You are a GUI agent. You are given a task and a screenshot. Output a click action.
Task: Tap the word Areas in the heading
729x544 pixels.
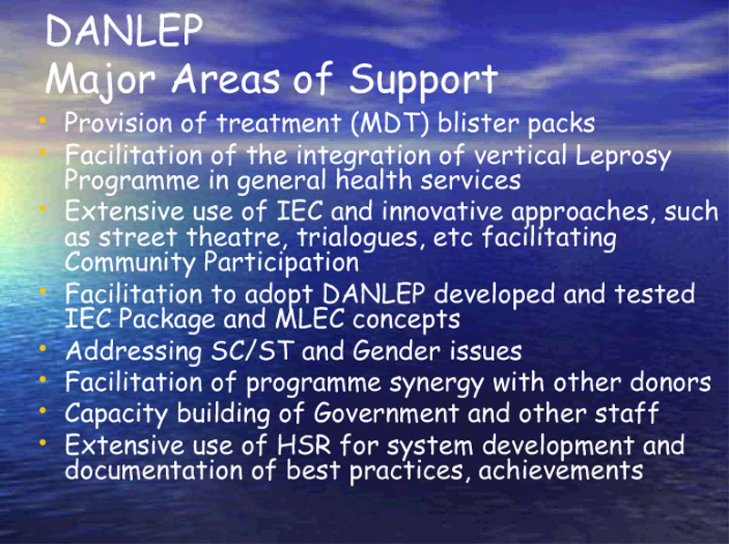tap(226, 79)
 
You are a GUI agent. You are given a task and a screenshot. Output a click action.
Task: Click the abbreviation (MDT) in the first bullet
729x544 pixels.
tap(390, 123)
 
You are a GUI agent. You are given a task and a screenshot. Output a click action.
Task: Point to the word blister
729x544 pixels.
tap(478, 123)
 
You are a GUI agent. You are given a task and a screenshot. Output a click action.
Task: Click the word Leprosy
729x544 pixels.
tap(622, 156)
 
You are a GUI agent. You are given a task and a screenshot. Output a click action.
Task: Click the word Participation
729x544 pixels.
tap(281, 263)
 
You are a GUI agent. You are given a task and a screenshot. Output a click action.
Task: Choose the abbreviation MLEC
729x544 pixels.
tap(310, 319)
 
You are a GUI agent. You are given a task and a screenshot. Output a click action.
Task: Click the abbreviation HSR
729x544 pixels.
tap(303, 445)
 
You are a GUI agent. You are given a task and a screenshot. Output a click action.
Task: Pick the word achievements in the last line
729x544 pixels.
tap(560, 470)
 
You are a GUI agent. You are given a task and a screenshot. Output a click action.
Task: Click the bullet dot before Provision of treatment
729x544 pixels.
tap(43, 121)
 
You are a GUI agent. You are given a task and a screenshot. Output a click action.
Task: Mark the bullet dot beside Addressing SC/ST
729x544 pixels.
tap(43, 349)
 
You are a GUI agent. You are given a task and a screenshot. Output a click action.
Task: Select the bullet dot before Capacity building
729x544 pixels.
tap(43, 411)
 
